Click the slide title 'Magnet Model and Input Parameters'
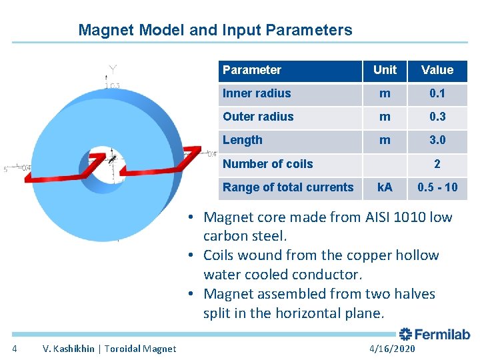215,30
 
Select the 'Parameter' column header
252,70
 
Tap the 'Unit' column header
385,70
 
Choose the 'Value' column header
437,70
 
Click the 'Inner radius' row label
257,93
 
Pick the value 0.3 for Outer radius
437,117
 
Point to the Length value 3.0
437,140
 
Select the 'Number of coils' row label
267,164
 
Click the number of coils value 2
437,164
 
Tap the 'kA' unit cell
385,187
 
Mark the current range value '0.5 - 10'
437,187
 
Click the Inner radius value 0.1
437,93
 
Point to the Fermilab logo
434,334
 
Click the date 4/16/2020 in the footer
391,349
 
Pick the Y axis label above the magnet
113,69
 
